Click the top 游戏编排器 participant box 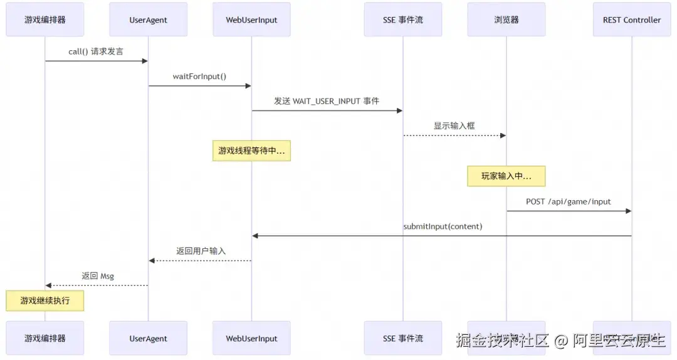[45, 19]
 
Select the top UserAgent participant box [148, 19]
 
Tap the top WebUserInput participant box [251, 19]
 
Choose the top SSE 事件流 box [403, 19]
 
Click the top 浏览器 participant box [506, 19]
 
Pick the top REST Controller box [632, 19]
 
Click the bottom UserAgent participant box [148, 338]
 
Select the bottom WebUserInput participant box [251, 338]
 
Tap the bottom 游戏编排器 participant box [45, 338]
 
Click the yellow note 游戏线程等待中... [251, 151]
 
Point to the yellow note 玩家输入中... [506, 176]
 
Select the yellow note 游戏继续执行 [45, 300]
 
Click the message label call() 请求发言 [96, 51]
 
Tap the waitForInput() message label [199, 77]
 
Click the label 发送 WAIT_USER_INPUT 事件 [327, 101]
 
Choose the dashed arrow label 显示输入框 [454, 125]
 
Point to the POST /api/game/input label [569, 201]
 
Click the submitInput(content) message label [443, 226]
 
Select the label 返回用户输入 [201, 251]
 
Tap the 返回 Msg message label [97, 275]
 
